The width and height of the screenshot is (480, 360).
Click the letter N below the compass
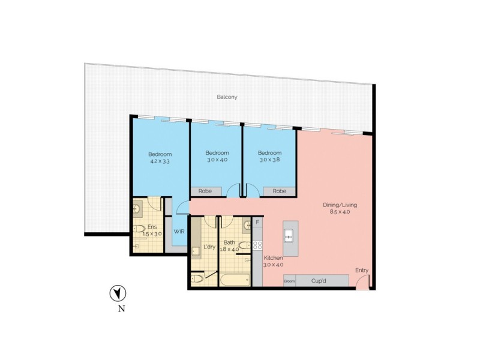(x=121, y=310)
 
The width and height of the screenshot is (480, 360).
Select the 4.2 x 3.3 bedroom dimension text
(x=160, y=161)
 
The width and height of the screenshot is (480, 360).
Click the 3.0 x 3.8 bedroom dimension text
(x=269, y=160)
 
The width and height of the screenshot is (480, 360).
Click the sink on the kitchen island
(x=289, y=235)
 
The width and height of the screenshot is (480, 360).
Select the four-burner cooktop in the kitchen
(x=257, y=245)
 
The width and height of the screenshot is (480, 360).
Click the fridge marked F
(x=257, y=223)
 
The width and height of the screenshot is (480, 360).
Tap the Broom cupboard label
(x=289, y=281)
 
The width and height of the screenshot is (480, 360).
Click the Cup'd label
(x=319, y=280)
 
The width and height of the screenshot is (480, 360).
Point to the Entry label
(x=362, y=271)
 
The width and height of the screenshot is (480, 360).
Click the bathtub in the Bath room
(x=235, y=280)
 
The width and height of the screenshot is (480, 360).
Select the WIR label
(x=179, y=231)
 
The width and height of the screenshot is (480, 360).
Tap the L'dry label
(x=209, y=247)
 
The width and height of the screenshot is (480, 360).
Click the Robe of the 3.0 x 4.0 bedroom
(x=206, y=191)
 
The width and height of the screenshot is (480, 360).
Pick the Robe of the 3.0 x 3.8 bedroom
(x=279, y=191)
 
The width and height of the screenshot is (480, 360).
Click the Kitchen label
(x=273, y=257)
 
